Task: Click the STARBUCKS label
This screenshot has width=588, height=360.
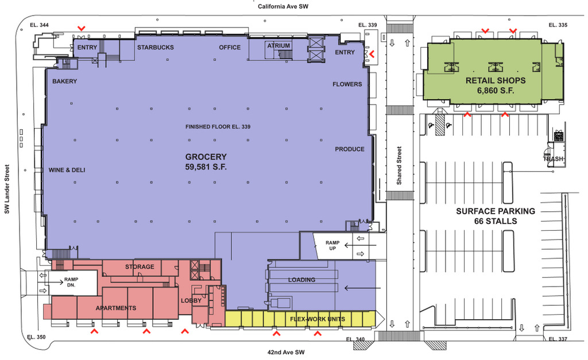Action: (155, 48)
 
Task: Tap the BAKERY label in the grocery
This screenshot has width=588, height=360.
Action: (64, 82)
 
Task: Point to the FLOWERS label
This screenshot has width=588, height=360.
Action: (347, 84)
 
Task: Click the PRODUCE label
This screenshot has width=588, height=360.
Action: (350, 149)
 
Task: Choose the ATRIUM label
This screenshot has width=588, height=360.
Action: (278, 45)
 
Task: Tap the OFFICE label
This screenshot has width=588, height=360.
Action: (230, 48)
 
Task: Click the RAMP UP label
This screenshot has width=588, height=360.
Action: (334, 246)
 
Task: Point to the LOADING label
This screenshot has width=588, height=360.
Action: (301, 280)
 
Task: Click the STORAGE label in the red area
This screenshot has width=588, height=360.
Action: (140, 267)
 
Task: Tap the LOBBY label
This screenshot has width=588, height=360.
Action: (191, 301)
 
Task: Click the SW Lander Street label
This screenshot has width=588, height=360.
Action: (7, 189)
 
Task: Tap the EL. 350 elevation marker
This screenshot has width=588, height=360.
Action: (36, 338)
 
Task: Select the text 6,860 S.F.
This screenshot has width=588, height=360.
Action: (494, 91)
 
